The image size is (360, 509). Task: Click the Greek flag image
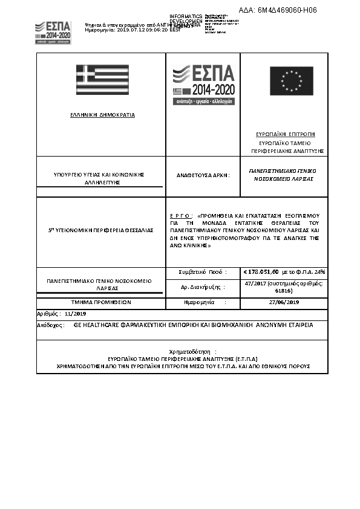point(102,80)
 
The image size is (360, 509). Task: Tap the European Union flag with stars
point(291,81)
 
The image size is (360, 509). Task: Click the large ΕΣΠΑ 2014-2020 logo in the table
point(203,85)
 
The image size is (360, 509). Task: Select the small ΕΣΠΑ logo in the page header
point(53,31)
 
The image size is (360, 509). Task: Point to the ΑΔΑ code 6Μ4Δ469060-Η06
point(278,10)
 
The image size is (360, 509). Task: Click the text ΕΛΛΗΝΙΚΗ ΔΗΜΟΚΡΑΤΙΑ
point(103,114)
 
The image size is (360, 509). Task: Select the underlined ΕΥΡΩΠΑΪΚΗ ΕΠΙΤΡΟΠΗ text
point(285,134)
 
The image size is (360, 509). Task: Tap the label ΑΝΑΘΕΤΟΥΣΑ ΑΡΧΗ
point(203,175)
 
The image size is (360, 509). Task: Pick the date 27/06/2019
point(284,301)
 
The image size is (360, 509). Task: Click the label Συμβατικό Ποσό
point(203,272)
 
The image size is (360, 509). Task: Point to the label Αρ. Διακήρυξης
point(203,287)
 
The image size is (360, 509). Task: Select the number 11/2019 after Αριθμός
point(76,314)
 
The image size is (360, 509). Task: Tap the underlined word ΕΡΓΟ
point(181,215)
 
